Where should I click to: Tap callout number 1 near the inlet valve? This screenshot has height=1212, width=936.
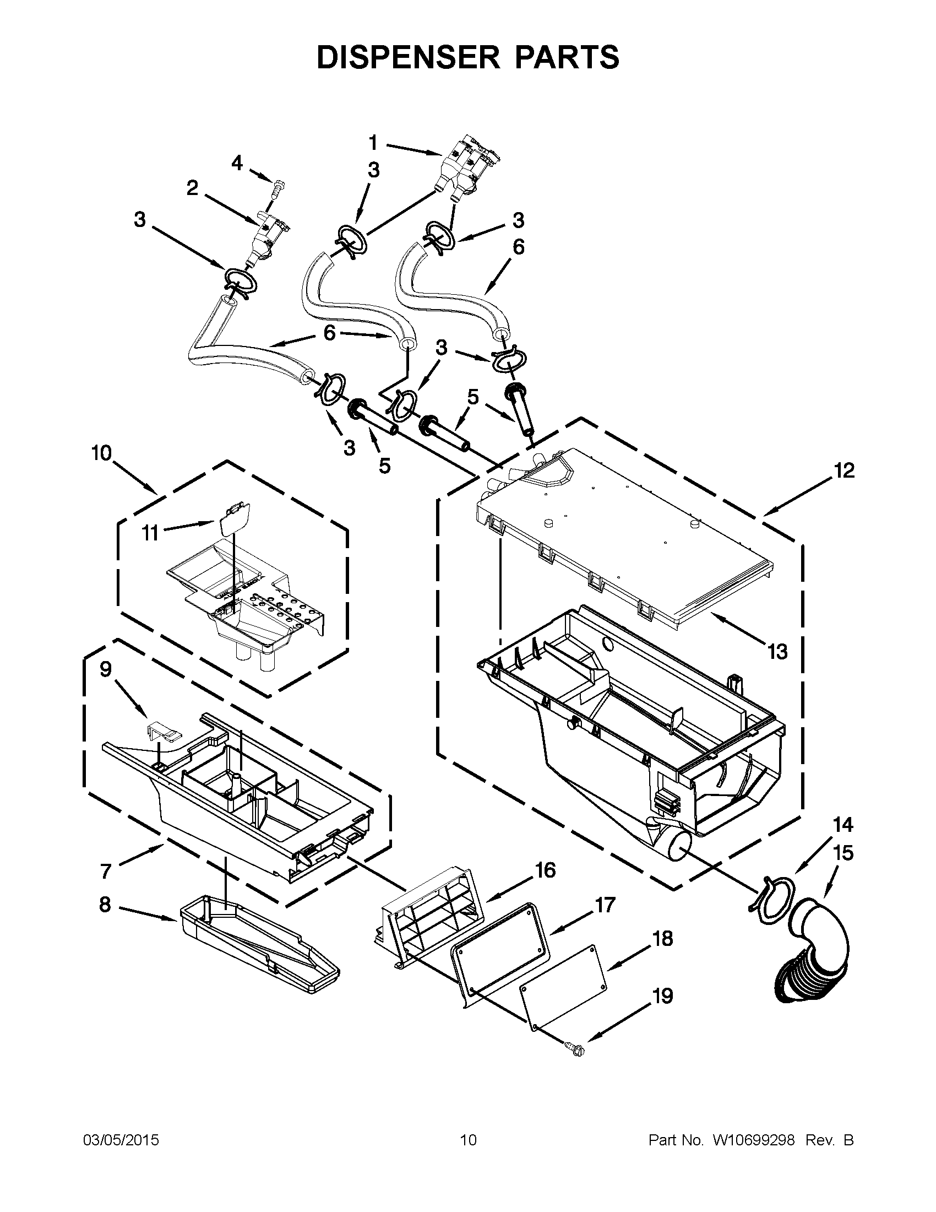[x=373, y=143]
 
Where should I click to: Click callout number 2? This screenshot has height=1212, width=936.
[x=192, y=188]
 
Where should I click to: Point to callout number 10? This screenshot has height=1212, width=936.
[x=101, y=453]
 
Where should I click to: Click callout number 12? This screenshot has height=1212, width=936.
[x=843, y=470]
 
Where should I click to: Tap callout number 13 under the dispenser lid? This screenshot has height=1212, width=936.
[x=777, y=652]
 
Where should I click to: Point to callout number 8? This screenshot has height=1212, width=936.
[x=105, y=905]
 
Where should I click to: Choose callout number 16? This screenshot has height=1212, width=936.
[x=546, y=870]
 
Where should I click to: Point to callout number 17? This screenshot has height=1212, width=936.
[x=605, y=905]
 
